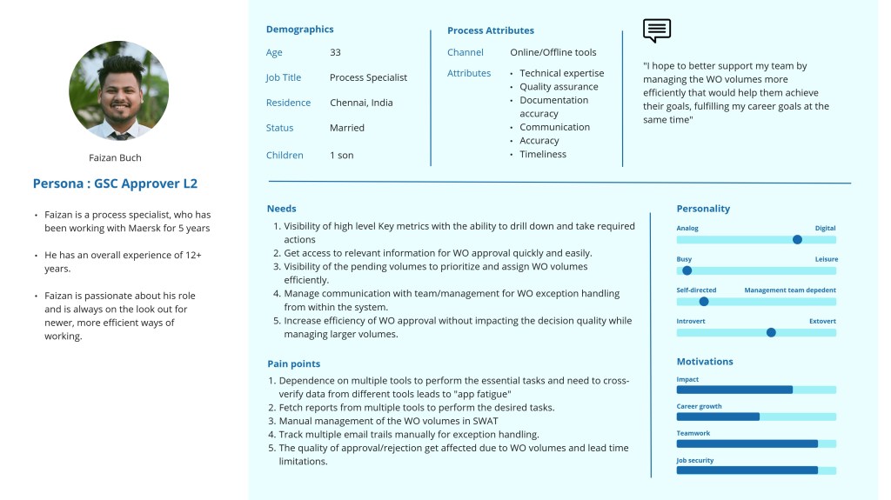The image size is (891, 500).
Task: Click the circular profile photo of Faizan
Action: coord(118,90)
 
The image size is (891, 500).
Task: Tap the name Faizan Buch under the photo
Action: coord(115,158)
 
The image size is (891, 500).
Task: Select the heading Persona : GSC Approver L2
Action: coord(115,183)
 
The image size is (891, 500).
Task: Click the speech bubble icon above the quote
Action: coord(657,30)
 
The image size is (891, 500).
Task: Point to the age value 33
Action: coord(335,53)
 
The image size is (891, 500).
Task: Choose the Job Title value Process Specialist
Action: coord(368,77)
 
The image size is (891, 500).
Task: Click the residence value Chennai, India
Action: coord(361,103)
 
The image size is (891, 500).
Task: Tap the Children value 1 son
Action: coord(342,156)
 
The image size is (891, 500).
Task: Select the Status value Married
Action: coord(347,128)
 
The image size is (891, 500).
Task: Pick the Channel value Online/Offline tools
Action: coord(553,53)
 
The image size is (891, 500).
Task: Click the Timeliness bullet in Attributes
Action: coord(543,155)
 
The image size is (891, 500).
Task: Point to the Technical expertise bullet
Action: coord(561,74)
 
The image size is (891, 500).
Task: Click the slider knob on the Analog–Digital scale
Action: coord(797,239)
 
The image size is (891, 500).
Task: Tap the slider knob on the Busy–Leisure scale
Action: coord(687,270)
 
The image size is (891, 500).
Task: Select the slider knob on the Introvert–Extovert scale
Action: coord(770,332)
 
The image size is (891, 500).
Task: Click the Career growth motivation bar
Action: coord(718,417)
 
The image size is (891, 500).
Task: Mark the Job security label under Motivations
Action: coord(694,461)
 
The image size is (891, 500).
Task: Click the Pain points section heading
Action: coord(293,364)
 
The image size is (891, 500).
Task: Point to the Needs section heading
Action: coord(281,209)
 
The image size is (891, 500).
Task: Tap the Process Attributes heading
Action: coord(491,30)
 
